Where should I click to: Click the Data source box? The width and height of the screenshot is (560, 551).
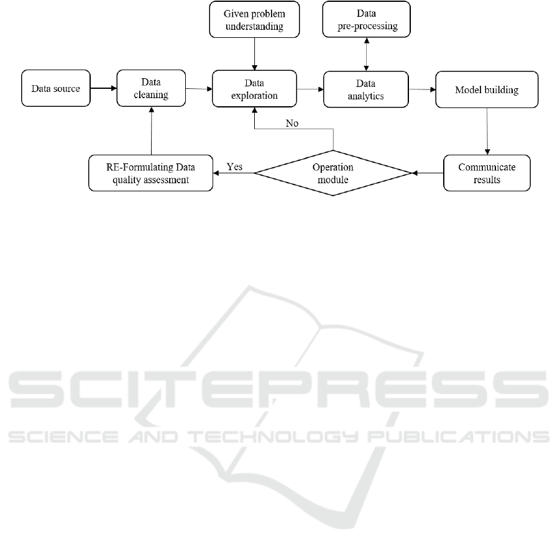(x=56, y=88)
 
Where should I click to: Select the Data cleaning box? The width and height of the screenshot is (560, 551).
(x=151, y=88)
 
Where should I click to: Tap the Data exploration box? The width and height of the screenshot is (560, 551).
(x=254, y=89)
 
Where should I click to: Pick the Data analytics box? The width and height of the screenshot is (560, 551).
(x=365, y=89)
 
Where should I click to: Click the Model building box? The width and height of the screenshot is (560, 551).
(x=487, y=89)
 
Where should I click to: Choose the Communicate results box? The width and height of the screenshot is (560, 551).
(x=487, y=173)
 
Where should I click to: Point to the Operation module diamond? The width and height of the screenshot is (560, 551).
(x=333, y=173)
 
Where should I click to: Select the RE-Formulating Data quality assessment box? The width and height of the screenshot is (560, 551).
(x=150, y=173)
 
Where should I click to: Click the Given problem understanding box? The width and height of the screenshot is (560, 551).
(x=254, y=19)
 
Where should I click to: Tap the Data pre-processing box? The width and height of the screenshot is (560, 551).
(x=367, y=19)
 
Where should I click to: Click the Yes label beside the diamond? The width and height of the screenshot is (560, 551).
(x=235, y=166)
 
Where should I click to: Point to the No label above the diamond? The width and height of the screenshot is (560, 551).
(x=291, y=123)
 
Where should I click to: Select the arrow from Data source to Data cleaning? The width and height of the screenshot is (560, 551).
(x=104, y=88)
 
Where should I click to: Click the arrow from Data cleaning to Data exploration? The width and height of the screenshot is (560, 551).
(x=199, y=88)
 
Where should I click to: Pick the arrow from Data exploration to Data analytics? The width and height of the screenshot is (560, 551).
(x=310, y=89)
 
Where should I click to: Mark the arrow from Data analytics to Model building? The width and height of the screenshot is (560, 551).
(x=422, y=89)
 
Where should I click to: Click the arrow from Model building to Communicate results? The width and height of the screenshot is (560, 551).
(x=487, y=131)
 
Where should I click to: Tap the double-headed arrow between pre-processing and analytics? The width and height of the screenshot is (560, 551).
(x=367, y=54)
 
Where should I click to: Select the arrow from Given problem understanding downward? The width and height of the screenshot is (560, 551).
(x=255, y=54)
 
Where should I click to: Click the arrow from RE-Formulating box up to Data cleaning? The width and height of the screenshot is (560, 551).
(x=152, y=130)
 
